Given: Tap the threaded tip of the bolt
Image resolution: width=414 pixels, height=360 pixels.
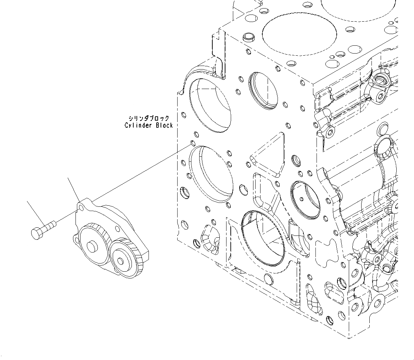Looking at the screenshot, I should click(x=53, y=224).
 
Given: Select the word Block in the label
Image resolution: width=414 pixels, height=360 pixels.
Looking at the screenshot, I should click(x=164, y=125).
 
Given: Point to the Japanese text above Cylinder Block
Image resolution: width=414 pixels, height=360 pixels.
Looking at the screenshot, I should click(x=149, y=118).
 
